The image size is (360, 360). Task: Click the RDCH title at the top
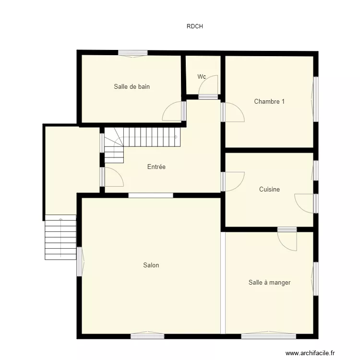194,26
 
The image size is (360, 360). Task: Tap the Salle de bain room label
132,87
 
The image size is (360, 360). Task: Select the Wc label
202,77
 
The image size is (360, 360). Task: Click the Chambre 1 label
269,101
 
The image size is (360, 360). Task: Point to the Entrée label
156,167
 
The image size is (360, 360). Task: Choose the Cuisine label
269,190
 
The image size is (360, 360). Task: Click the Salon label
151,265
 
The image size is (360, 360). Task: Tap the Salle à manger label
269,283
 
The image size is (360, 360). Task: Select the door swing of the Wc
210,86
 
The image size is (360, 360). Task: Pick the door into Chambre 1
233,112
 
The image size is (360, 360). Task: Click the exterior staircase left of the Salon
60,237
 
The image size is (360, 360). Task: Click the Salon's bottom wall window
147,336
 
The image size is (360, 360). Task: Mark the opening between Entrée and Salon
151,195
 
